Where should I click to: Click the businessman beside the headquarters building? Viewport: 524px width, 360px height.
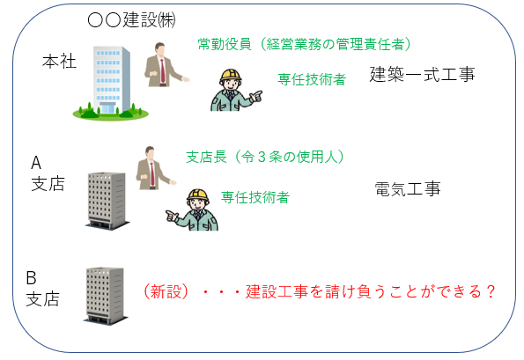coord(163,66)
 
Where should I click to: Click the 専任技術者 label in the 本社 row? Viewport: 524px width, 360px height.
coord(311,78)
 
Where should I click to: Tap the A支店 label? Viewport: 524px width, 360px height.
coord(43,174)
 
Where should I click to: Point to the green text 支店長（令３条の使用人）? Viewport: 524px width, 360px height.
coord(264,157)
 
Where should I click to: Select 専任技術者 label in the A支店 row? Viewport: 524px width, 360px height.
coord(255,197)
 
